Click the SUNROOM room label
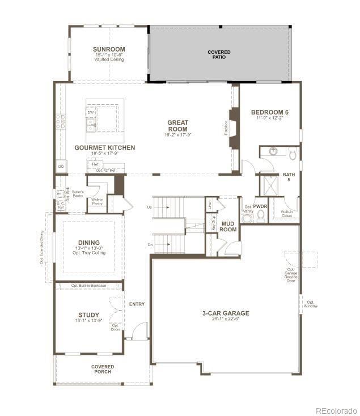point(109,49)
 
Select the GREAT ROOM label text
point(177,126)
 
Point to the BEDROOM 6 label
point(269,113)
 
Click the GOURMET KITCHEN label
point(105,148)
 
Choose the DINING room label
point(88,241)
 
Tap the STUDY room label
point(88,315)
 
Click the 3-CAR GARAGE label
point(226,313)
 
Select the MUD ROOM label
point(228,227)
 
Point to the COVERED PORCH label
point(103,369)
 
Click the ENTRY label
point(137,304)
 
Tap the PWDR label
point(260,207)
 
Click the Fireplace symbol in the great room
point(232,128)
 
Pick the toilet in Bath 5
point(293,154)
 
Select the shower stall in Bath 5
point(270,185)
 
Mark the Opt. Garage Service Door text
point(291,275)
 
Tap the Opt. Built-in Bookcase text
point(88,286)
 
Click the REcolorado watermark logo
point(336,410)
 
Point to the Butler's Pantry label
point(78,193)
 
